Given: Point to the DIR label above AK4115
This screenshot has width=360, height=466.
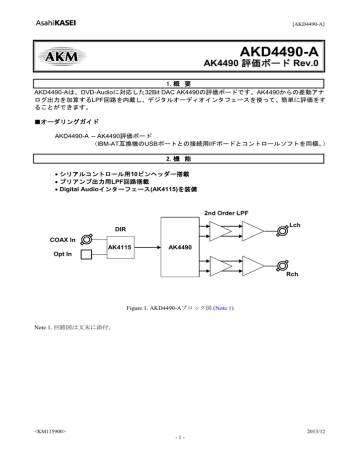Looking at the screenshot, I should [x=120, y=229].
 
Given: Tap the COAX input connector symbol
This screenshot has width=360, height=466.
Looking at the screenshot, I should [x=88, y=240].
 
